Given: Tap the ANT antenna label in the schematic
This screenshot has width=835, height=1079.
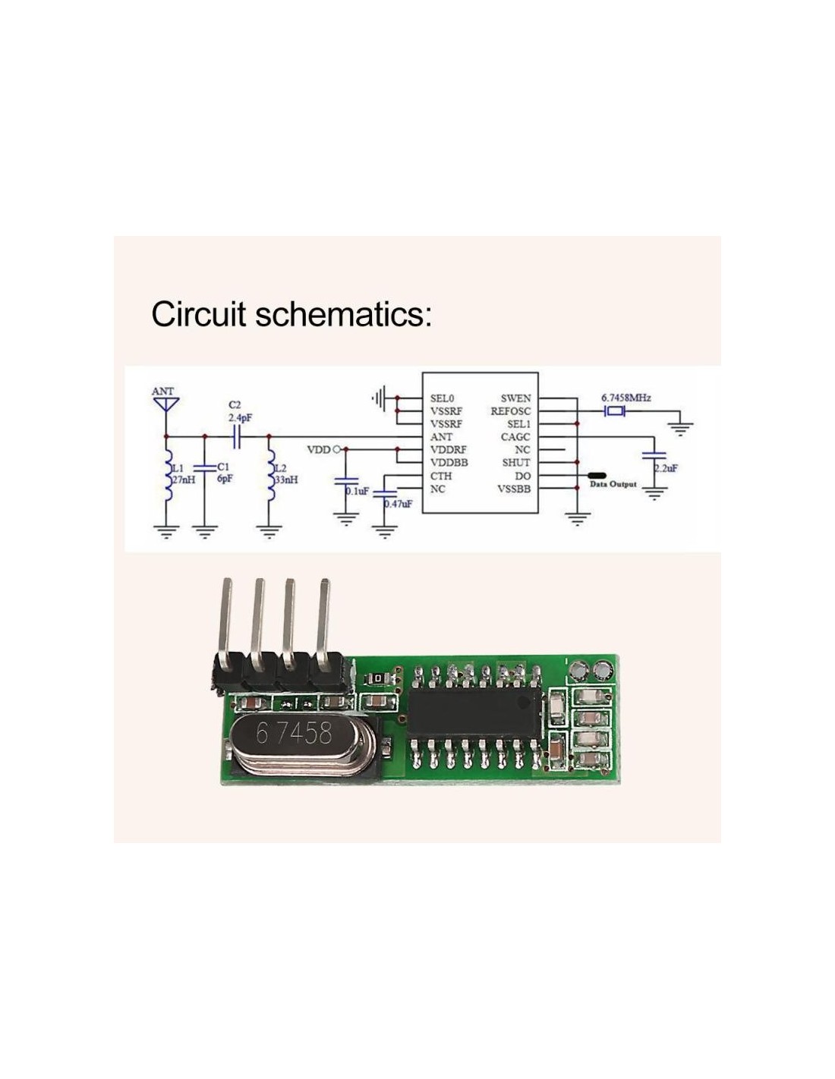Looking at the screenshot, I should click(162, 392).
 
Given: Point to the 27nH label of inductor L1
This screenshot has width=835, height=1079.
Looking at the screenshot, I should click(183, 480).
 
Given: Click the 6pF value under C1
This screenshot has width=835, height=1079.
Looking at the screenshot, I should click(224, 480).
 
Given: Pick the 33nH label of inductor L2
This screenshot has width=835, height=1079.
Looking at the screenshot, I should click(285, 480).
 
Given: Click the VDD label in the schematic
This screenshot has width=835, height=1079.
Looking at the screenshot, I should click(318, 450).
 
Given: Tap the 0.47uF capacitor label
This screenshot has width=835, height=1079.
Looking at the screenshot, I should click(398, 504).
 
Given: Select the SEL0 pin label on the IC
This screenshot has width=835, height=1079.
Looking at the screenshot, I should click(442, 398).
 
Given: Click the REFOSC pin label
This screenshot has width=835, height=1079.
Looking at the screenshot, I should click(510, 411).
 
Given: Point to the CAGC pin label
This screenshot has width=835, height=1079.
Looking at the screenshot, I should click(515, 437).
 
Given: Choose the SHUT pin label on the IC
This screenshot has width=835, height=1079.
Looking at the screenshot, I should click(516, 463).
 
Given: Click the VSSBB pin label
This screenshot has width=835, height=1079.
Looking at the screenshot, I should click(514, 489).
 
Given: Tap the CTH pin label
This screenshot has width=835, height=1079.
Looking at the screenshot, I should click(441, 477).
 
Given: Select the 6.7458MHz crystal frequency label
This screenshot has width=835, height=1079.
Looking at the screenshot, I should click(626, 398).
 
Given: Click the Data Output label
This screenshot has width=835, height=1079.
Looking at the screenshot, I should click(613, 485).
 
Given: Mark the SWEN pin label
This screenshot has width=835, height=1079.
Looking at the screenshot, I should click(515, 398).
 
